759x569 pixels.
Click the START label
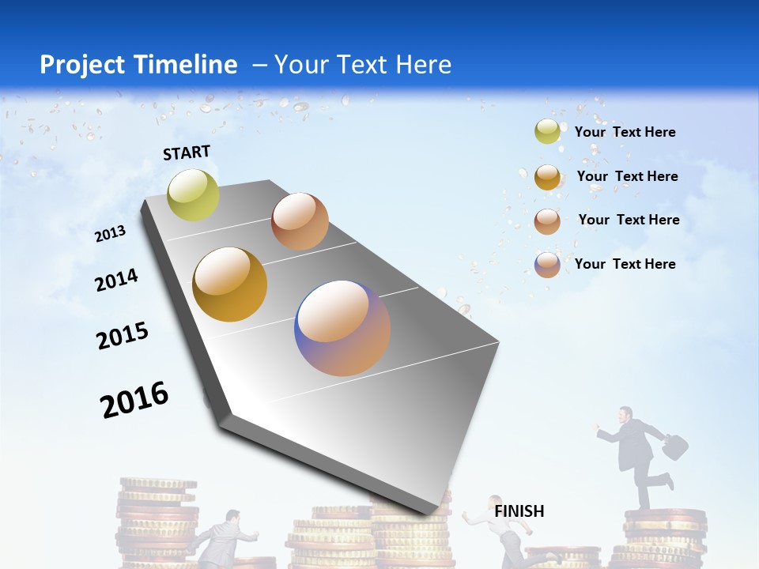pos(187,153)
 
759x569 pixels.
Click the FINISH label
pos(519,511)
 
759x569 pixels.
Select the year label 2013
pos(110,233)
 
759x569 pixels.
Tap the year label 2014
pos(116,280)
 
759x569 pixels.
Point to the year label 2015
pos(123,336)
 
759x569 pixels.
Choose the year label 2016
pos(134,400)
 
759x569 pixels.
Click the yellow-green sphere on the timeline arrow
pos(193,194)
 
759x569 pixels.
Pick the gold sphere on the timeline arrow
pos(230,284)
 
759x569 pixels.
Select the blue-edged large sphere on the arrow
pos(342,328)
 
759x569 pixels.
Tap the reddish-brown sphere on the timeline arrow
pos(300,221)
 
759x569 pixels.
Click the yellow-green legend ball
pos(547,132)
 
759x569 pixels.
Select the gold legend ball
pos(547,177)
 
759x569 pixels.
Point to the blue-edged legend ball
pos(547,265)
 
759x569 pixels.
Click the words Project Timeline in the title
pos(138,65)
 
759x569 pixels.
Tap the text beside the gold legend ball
pos(627,176)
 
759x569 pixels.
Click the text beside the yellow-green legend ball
pos(625,132)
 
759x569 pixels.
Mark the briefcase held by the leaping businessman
pos(674,447)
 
